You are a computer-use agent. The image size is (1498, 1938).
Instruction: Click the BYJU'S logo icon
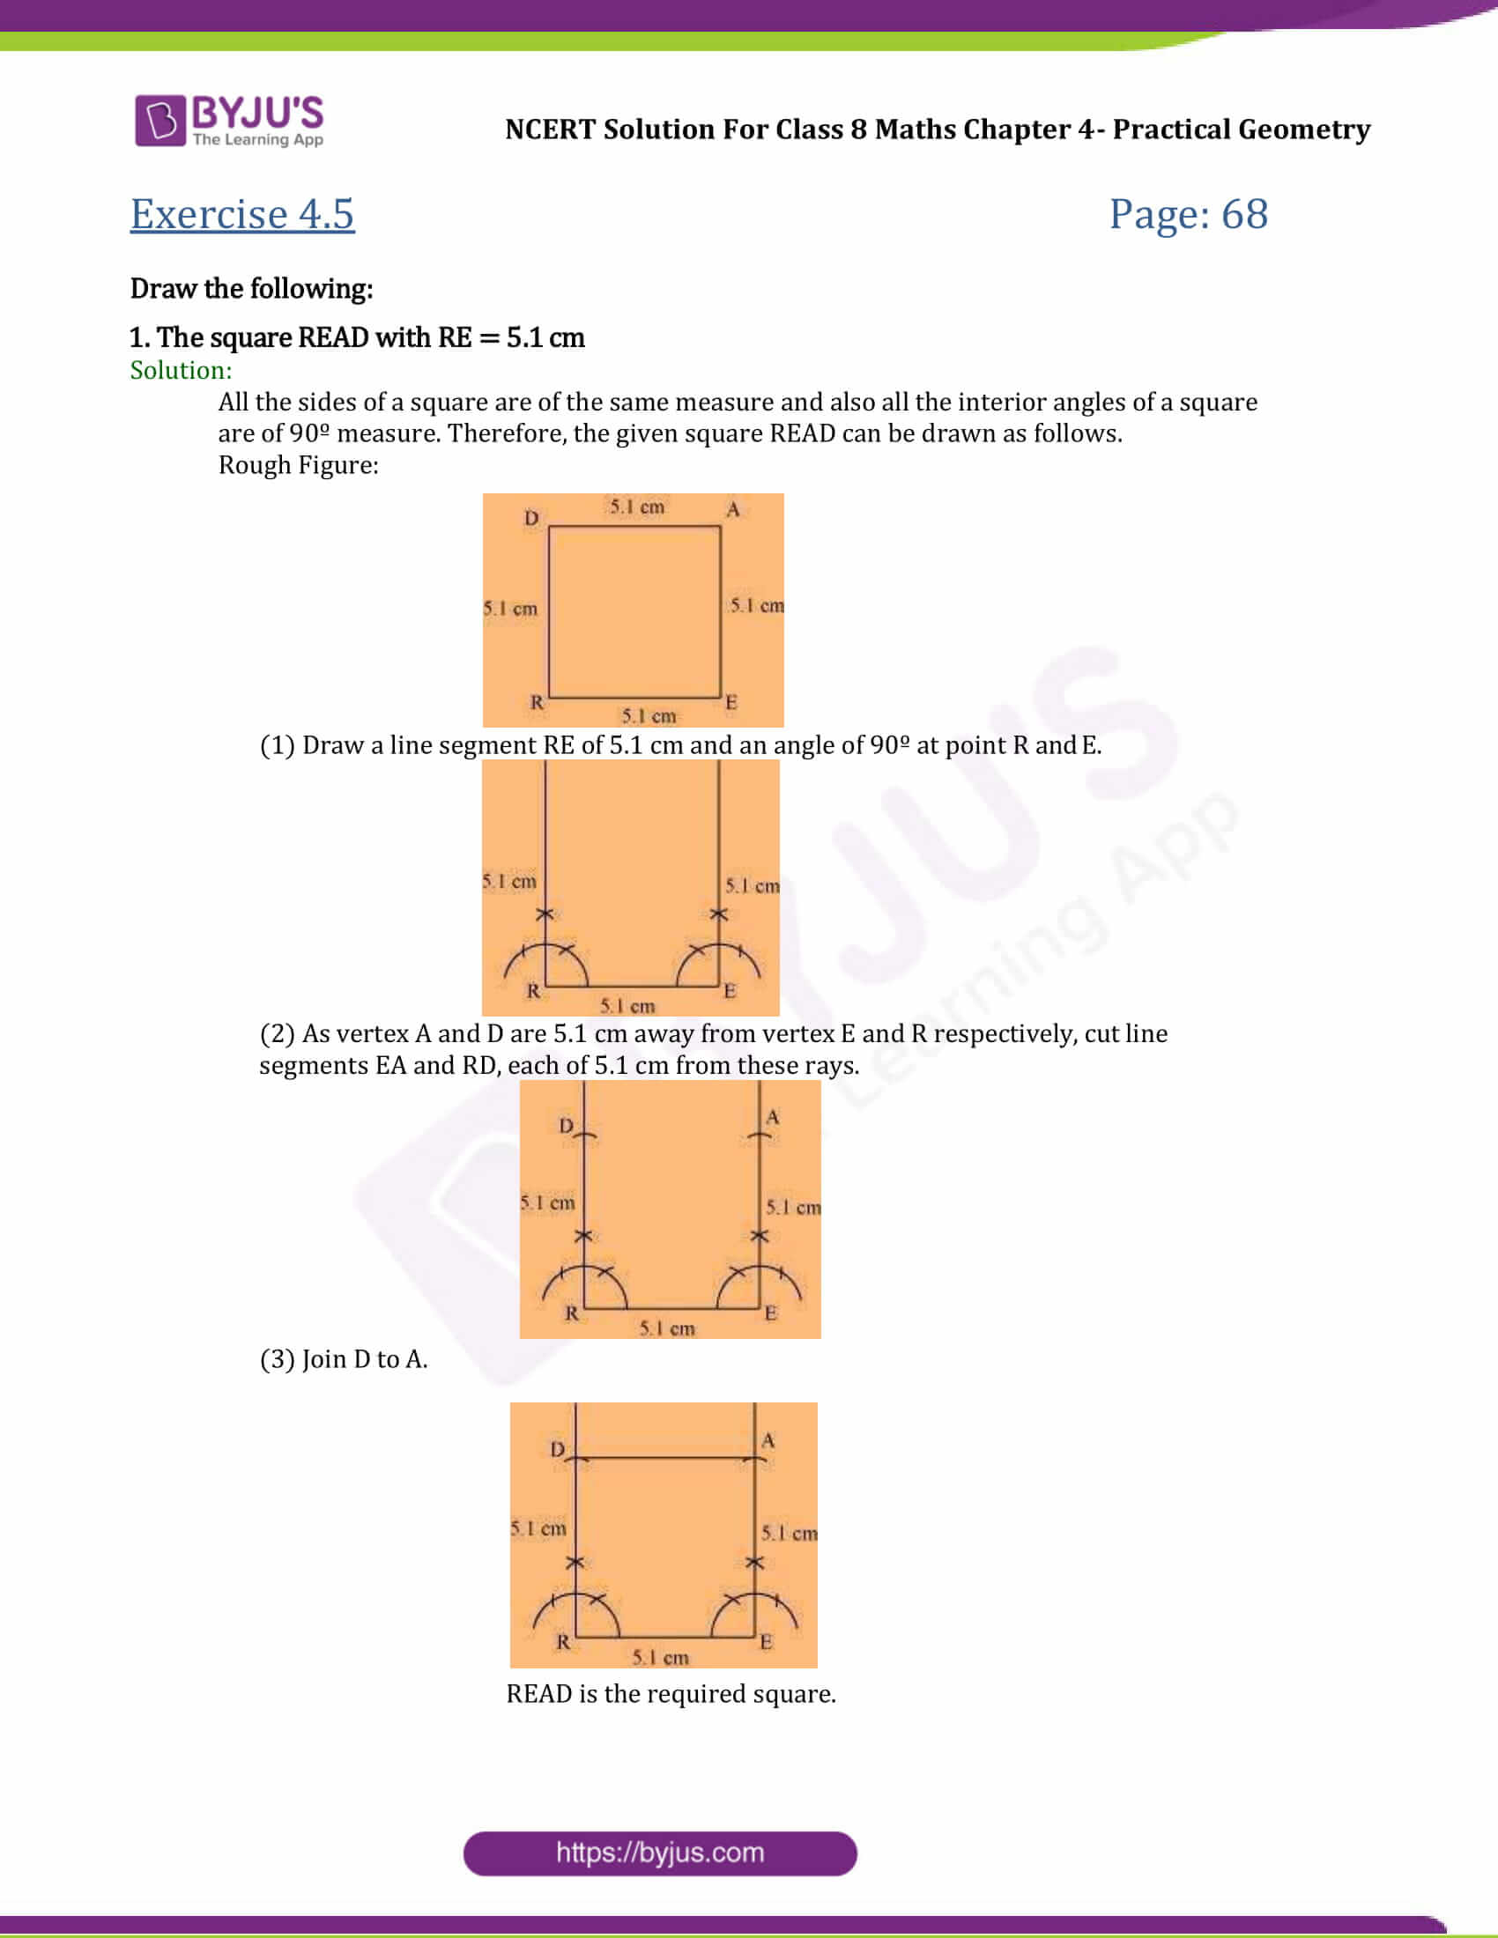coord(159,120)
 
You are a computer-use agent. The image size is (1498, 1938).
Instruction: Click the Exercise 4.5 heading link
coord(242,214)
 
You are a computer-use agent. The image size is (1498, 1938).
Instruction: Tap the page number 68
coord(1244,214)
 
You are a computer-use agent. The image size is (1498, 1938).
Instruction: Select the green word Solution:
coord(181,370)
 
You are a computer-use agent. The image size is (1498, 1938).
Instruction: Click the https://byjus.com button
coord(659,1853)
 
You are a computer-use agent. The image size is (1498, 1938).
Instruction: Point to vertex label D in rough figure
coord(530,517)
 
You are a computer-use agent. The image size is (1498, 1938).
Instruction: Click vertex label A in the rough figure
coord(733,509)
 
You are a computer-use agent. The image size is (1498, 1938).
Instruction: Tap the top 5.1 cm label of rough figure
coord(636,507)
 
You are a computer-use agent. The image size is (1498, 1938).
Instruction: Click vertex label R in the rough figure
coord(537,701)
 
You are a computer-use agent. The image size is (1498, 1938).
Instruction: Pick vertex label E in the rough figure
coord(731,701)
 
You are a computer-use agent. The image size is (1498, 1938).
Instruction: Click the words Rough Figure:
coord(298,465)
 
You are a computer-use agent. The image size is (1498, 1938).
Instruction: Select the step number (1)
coord(277,745)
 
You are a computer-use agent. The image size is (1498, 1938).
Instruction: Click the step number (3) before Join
coord(277,1359)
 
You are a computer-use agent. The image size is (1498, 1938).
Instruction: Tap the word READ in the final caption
coord(538,1694)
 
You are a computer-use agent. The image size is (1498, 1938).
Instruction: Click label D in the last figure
coord(557,1449)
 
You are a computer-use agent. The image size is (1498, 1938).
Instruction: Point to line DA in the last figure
coord(665,1457)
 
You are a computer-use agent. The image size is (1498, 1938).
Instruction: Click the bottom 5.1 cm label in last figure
coord(660,1657)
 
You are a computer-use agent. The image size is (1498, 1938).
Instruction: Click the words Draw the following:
coord(251,288)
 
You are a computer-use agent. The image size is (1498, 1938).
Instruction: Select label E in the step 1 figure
coord(730,990)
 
